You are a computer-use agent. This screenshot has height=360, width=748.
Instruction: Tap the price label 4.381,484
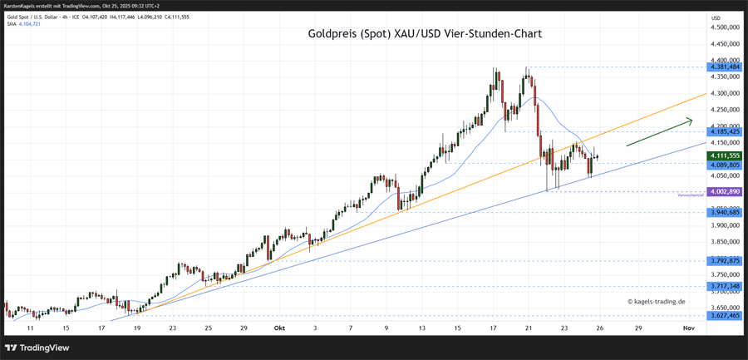[x=724, y=67]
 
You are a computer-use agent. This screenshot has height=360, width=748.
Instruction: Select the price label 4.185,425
[x=724, y=131]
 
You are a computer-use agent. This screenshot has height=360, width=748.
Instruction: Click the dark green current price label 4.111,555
[x=724, y=155]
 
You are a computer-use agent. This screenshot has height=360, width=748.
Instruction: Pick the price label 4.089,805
[x=724, y=165]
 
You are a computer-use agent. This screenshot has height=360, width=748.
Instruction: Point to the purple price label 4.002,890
[x=724, y=192]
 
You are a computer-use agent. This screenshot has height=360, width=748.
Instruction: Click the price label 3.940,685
[x=724, y=212]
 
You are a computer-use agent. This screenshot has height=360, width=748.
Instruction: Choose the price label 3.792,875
[x=724, y=260]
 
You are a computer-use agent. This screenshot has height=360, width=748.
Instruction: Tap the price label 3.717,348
[x=724, y=286]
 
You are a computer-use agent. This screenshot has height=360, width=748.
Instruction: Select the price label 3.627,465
[x=724, y=316]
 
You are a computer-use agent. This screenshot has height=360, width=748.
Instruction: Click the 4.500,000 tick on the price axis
[x=724, y=28]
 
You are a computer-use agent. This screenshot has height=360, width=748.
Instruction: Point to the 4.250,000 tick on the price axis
[x=724, y=110]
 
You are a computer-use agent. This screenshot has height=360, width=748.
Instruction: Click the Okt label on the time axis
[x=280, y=328]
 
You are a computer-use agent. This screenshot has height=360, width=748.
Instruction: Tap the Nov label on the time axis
[x=688, y=328]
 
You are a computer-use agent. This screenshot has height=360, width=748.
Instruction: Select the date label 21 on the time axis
[x=528, y=328]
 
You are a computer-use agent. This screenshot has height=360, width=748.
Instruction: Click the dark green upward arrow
[x=659, y=132]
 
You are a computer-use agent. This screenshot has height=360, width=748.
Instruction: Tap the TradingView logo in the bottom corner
[x=37, y=348]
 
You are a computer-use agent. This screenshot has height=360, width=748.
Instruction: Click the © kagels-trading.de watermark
[x=656, y=302]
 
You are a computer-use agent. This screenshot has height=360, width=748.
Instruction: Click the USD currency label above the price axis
[x=716, y=17]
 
